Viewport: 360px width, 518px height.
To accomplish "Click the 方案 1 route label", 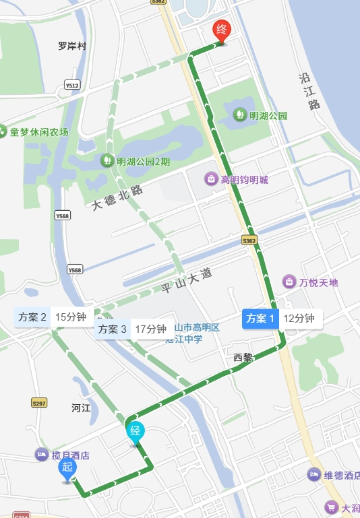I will coord(260,319).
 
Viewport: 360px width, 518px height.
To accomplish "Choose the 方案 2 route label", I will coord(32,317).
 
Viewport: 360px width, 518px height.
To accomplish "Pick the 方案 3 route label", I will coord(112,329).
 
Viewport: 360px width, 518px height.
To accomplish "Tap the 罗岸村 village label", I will coord(73,46).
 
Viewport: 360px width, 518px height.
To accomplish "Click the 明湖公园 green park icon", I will coord(239,115).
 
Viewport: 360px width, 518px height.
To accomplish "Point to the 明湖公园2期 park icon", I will coord(106,161).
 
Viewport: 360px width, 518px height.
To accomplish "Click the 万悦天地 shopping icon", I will coord(289,281).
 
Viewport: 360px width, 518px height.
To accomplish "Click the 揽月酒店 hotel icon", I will coord(42,455).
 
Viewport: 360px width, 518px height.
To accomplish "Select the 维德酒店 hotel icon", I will coord(313,475).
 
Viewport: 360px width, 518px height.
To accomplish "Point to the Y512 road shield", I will coord(72,86).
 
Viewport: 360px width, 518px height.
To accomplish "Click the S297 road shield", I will coord(39,403).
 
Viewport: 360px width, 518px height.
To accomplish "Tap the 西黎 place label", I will coord(243,358).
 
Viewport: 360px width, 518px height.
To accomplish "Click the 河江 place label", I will coord(81,408).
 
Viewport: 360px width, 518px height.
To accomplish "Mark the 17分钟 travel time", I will coord(150,329).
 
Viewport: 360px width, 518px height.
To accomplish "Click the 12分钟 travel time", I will coord(299,319).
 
